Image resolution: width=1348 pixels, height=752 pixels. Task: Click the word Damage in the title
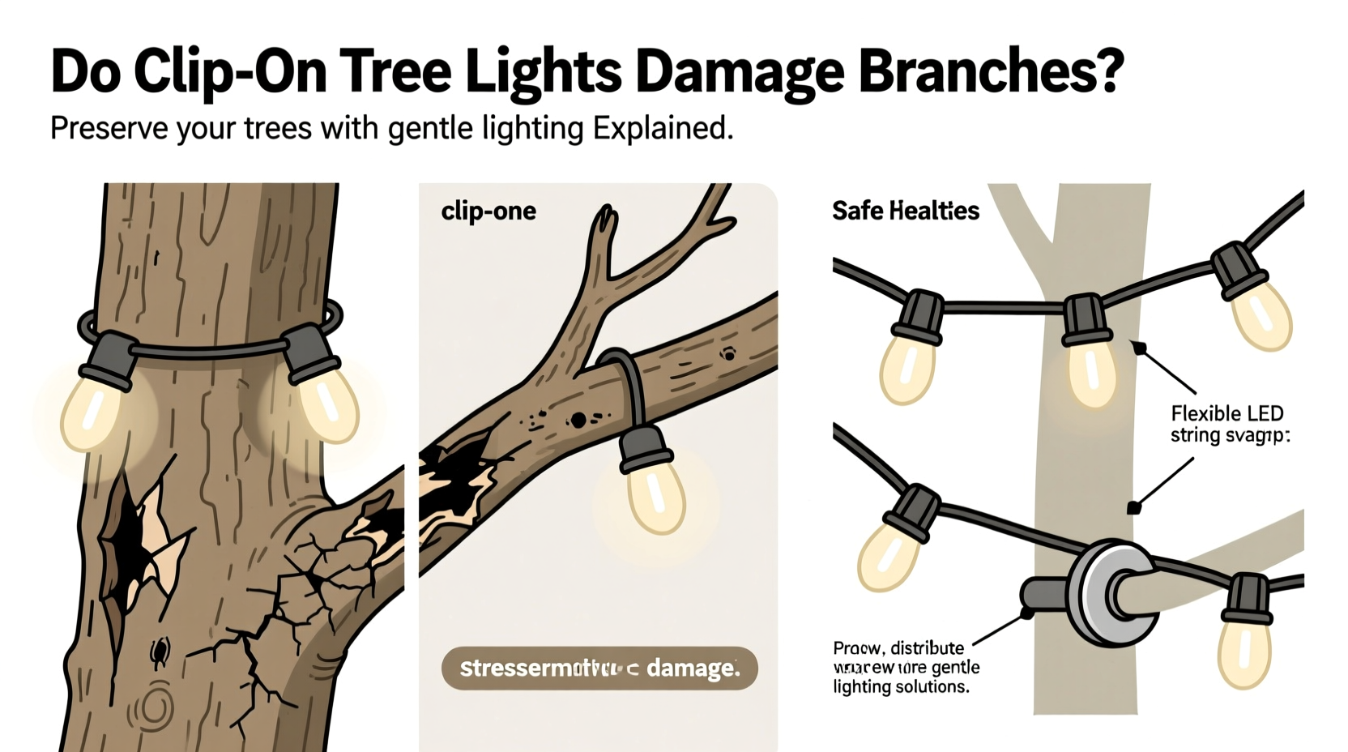[739, 73]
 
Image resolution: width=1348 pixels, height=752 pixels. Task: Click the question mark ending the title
[1107, 71]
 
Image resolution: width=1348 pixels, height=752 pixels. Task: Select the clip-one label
[488, 211]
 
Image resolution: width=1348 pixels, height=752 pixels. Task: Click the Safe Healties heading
[905, 211]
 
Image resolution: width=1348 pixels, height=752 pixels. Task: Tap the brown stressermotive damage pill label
[599, 669]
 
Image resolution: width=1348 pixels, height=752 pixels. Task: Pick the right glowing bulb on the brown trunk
[327, 405]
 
